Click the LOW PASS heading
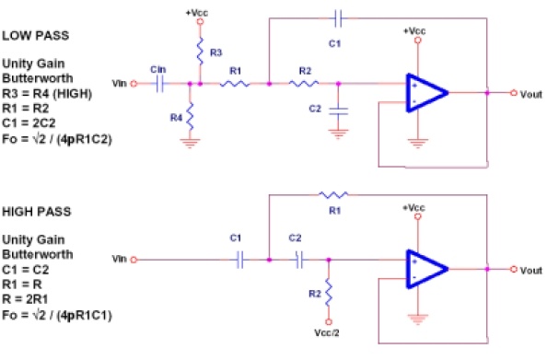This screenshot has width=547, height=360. [x=36, y=36]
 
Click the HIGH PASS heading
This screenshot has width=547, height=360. [x=37, y=212]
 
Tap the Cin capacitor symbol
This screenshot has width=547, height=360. [x=160, y=84]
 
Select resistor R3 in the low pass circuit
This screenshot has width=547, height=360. [x=200, y=52]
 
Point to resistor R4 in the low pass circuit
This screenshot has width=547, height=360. [x=190, y=117]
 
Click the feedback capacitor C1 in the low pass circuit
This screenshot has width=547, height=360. [x=338, y=18]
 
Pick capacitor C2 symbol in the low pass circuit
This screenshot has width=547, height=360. [x=338, y=111]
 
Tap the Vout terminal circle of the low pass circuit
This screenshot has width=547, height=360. [x=514, y=93]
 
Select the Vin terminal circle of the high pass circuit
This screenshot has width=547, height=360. [x=134, y=260]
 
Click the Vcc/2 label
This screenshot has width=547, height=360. [x=327, y=333]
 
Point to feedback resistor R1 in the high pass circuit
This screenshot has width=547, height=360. [x=333, y=194]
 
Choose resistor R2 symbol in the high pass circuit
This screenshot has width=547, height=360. [x=329, y=292]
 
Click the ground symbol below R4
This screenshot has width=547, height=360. [x=190, y=143]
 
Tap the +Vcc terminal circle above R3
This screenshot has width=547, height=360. [x=200, y=21]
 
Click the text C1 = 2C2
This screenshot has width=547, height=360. [x=29, y=123]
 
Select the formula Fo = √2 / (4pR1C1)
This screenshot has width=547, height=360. [x=57, y=316]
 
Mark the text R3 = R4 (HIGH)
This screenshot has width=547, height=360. [x=47, y=94]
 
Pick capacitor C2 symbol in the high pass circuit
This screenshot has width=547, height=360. [x=299, y=260]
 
